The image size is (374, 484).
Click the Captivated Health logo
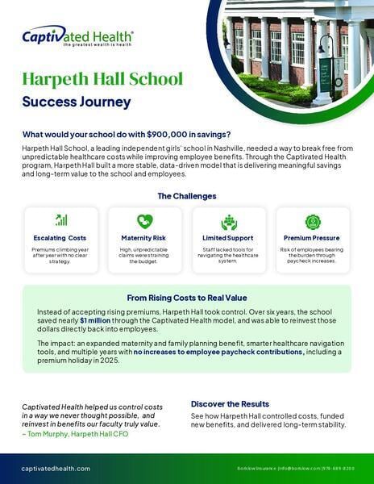point(77,36)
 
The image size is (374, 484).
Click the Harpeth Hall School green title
point(102,79)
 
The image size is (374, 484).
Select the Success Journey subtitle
point(77,102)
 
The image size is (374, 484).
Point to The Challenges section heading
point(186,196)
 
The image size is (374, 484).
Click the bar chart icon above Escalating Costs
point(61,220)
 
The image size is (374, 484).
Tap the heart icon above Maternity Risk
point(145,221)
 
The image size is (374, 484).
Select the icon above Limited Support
point(229,221)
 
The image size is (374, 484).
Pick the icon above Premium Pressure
point(313,221)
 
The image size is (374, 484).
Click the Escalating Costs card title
point(61,239)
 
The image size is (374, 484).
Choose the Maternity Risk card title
point(145,239)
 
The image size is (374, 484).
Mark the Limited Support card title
point(229,239)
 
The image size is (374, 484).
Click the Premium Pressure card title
point(313,239)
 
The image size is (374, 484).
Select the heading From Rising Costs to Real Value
point(186,296)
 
